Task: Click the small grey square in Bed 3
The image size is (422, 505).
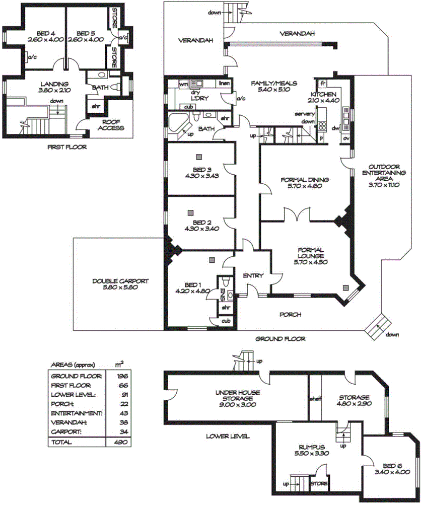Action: [199, 156]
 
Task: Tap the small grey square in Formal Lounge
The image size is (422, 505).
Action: [345, 287]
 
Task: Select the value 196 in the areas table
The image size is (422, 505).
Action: [120, 376]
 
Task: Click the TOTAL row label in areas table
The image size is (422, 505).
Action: [61, 442]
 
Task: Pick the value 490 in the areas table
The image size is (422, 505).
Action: [120, 442]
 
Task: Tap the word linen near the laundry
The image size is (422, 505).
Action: [223, 84]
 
